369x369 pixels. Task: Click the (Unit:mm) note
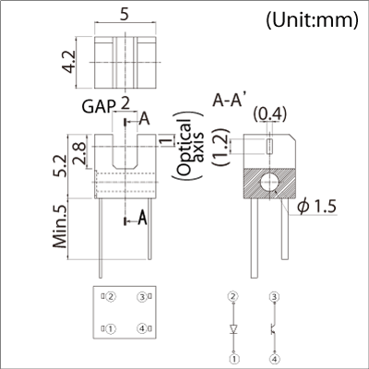point(312,20)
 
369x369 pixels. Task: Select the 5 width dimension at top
point(125,14)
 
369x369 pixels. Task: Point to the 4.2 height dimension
point(68,62)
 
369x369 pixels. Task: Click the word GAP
point(98,106)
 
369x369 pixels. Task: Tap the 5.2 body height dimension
point(59,165)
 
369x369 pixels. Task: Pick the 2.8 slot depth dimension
point(79,153)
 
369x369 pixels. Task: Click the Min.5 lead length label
point(60,226)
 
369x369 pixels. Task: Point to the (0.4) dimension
point(270,114)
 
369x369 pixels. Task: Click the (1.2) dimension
point(222,147)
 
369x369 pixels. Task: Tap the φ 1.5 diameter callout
point(316,207)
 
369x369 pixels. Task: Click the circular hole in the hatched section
point(270,183)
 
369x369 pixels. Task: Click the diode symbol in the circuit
point(234,328)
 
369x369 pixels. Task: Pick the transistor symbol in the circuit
point(273,328)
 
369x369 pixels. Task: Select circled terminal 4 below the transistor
point(274,358)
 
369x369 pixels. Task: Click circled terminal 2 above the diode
point(233,297)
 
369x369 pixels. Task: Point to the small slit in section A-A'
point(269,146)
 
